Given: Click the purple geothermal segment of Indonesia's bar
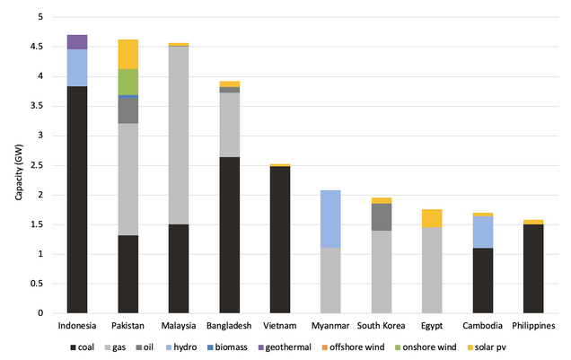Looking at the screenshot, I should pyautogui.click(x=77, y=41).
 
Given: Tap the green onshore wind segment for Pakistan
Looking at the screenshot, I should pyautogui.click(x=127, y=82).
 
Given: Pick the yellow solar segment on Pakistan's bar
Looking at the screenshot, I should pyautogui.click(x=127, y=54).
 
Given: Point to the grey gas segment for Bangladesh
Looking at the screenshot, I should pyautogui.click(x=230, y=125).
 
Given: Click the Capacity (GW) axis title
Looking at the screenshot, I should pyautogui.click(x=20, y=165).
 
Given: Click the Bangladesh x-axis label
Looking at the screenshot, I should pyautogui.click(x=230, y=325).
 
